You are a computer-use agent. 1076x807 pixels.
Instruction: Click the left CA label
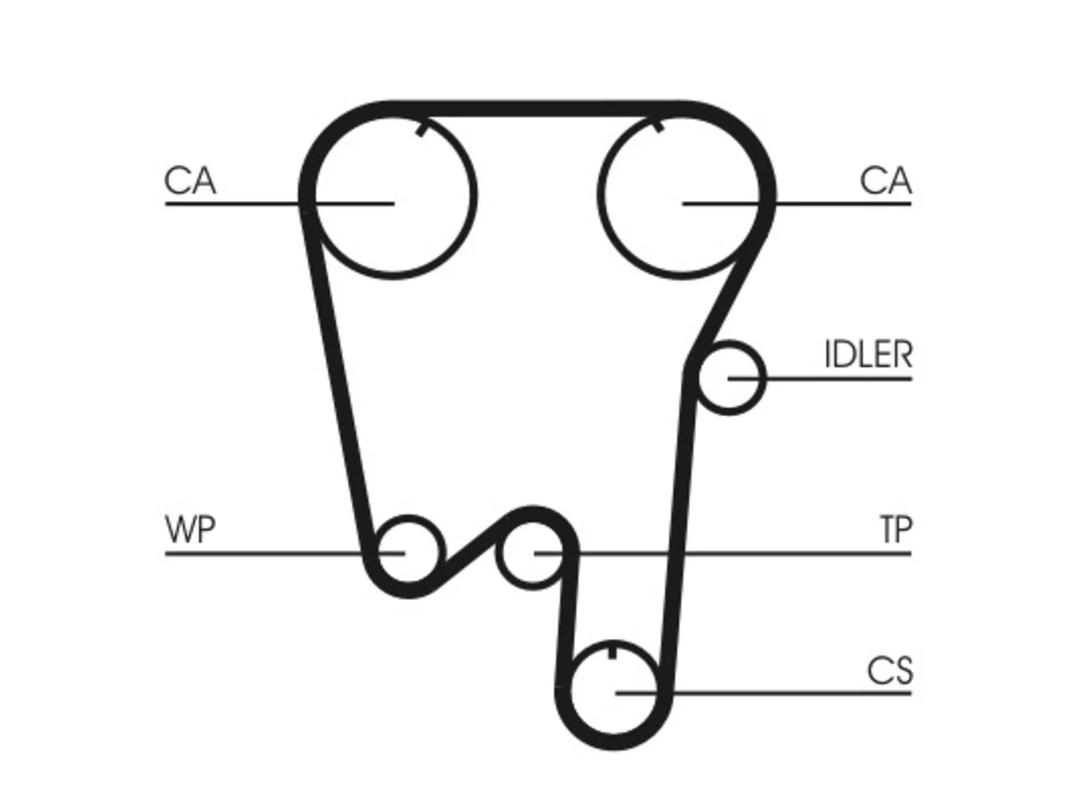click(x=190, y=181)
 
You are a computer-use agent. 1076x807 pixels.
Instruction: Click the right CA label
click(x=885, y=181)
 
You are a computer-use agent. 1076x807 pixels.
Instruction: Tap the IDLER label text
click(x=868, y=354)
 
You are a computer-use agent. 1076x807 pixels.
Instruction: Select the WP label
click(x=190, y=530)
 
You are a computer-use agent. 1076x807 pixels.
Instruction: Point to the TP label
click(x=897, y=530)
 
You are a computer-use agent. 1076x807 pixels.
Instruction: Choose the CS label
click(x=889, y=670)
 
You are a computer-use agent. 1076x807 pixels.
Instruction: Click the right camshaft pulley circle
click(x=600, y=196)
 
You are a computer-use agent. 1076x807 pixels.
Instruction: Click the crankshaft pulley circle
click(x=613, y=643)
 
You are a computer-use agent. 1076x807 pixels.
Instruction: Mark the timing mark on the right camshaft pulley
click(x=657, y=126)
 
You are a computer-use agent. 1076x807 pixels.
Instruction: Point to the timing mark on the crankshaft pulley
click(x=612, y=652)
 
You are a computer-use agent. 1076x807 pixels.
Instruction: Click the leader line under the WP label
click(x=285, y=554)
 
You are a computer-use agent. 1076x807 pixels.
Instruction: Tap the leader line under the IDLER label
click(x=820, y=378)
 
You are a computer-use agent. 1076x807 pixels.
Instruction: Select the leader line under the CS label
click(x=763, y=694)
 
